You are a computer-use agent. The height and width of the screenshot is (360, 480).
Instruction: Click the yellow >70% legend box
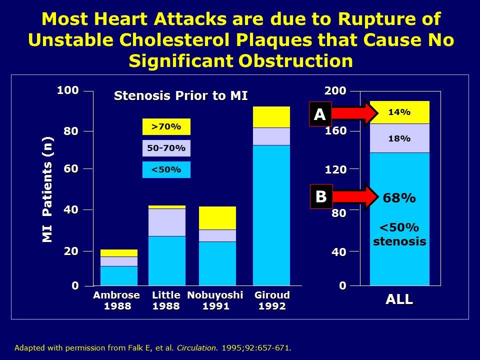pos(166,127)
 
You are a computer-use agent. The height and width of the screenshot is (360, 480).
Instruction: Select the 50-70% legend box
pos(166,148)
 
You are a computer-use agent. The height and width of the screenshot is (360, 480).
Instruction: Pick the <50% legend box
pos(166,169)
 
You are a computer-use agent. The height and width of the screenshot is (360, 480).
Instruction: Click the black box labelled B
pos(320,196)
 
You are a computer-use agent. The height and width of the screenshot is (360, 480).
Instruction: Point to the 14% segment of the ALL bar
pos(399,112)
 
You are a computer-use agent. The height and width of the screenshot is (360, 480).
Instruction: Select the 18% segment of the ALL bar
pos(399,138)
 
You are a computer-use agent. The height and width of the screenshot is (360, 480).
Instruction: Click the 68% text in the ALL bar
pos(399,198)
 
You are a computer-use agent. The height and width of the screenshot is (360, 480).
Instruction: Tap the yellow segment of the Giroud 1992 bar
pos(271,117)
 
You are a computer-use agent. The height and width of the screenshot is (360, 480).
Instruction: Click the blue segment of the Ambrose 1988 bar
pos(118,275)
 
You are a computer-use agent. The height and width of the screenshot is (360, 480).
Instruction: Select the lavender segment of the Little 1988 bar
pos(167,222)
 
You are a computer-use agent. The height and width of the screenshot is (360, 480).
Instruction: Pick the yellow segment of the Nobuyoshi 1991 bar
pos(217,218)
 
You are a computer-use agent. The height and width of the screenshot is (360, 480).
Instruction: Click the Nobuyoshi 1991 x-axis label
pos(215,300)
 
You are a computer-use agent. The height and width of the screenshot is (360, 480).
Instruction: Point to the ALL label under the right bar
pos(399,299)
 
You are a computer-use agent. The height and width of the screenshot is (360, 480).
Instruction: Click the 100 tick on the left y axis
pos(67,90)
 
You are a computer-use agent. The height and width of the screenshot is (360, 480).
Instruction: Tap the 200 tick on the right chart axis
pos(335,90)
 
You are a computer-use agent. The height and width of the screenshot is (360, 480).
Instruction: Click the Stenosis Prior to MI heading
pos(180,95)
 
